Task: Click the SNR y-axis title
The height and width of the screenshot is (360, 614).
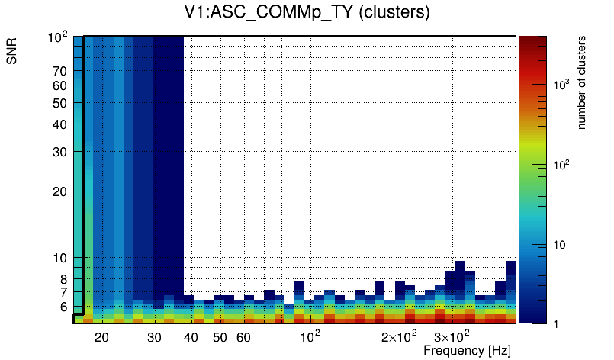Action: click(12, 55)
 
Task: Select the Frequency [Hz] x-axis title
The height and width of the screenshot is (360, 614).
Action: click(467, 351)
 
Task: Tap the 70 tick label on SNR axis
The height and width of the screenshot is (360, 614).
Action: click(60, 71)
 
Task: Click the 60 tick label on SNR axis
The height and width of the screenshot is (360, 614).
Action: click(60, 85)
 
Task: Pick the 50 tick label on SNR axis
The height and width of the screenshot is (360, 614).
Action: click(60, 103)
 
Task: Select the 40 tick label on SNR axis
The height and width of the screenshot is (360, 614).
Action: click(60, 124)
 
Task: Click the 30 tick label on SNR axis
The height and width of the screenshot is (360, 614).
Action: click(60, 152)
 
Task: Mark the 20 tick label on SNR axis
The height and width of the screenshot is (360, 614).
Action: click(60, 191)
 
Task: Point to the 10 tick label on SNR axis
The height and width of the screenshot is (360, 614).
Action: click(60, 258)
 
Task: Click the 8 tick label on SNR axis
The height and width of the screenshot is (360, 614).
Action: click(64, 279)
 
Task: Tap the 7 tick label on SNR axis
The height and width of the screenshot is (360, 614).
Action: click(64, 292)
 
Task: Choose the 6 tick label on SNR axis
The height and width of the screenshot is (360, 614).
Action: click(64, 307)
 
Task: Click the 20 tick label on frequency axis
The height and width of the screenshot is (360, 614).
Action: click(102, 337)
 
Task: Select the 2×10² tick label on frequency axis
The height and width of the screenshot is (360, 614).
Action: click(398, 336)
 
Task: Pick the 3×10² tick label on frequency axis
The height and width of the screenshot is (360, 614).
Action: click(451, 336)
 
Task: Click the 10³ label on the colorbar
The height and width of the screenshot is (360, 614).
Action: click(561, 85)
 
